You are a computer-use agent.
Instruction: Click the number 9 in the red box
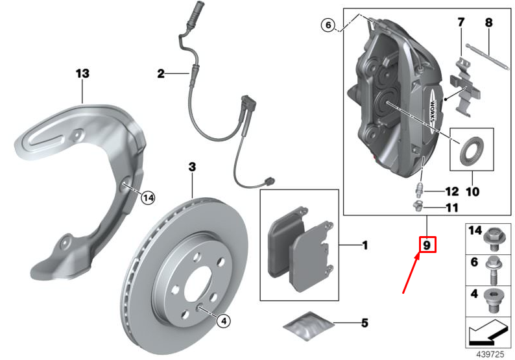point(427,245)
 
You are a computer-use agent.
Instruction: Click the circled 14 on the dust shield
point(149,197)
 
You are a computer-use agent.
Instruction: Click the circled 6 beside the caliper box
point(329,25)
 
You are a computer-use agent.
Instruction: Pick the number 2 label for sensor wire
point(161,75)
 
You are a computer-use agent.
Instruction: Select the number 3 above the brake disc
point(191,167)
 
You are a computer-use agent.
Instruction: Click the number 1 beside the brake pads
point(365,245)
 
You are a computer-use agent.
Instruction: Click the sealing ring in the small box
point(472,150)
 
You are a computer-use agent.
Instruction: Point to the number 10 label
point(472,192)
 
